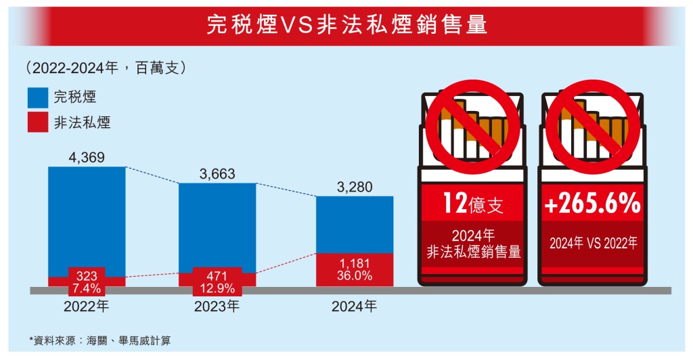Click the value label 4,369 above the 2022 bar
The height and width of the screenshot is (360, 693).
click(x=87, y=158)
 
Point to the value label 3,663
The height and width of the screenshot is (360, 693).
click(x=217, y=175)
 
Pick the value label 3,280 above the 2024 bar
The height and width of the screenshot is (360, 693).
click(x=355, y=187)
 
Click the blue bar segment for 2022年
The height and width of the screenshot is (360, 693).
click(x=87, y=220)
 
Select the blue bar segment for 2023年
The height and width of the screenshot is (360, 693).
click(x=217, y=227)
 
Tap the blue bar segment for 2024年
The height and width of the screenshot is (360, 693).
click(x=355, y=224)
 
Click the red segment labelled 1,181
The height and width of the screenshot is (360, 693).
click(x=355, y=269)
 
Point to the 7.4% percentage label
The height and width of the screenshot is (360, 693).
click(x=87, y=288)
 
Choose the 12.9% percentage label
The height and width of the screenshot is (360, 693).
click(x=217, y=288)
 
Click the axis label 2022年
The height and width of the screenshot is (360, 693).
click(x=87, y=306)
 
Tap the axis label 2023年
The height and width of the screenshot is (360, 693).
click(x=217, y=306)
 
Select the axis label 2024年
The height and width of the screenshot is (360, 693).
click(x=355, y=306)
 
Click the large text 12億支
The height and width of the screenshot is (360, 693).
click(x=473, y=204)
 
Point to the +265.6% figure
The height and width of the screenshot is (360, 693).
click(x=591, y=204)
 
